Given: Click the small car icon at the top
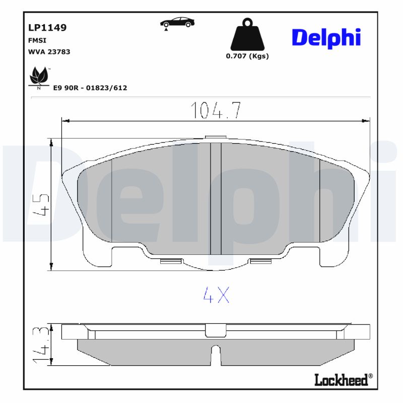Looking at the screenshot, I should tap(176, 23).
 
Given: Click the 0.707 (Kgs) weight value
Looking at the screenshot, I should tap(247, 56).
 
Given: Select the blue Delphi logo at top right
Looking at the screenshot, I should tap(326, 37).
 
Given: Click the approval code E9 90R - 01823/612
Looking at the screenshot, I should tap(90, 88).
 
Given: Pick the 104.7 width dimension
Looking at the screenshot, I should tap(215, 110).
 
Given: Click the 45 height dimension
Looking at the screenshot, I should tap(42, 204).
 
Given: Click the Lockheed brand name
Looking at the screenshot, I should tap(342, 380).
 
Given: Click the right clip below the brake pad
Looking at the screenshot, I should tap(260, 261).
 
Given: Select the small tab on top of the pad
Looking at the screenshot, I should tap(216, 137).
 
